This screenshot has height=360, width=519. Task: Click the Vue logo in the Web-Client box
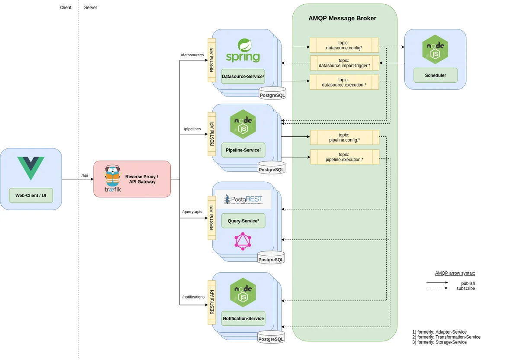[x=31, y=168]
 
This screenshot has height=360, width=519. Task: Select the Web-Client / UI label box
[x=31, y=196]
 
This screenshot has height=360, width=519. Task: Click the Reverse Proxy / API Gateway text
[x=141, y=179]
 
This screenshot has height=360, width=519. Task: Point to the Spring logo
[x=243, y=51]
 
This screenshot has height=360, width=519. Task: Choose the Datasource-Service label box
[x=243, y=77]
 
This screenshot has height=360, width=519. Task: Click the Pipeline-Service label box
[x=243, y=150]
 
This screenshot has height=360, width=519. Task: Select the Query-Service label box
[x=243, y=221]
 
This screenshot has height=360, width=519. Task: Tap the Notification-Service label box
[x=243, y=318]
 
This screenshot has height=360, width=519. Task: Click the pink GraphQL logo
[x=243, y=241]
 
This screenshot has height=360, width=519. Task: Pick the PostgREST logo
[x=243, y=199]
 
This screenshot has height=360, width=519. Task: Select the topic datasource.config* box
[x=344, y=45]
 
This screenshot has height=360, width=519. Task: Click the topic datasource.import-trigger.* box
[x=344, y=63]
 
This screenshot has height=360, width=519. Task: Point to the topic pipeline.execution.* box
[x=344, y=157]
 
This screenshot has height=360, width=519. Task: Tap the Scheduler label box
[x=435, y=75]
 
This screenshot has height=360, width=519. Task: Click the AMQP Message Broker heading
[x=342, y=19]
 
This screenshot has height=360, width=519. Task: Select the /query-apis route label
[x=192, y=212]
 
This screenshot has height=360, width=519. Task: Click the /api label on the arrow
[x=84, y=175]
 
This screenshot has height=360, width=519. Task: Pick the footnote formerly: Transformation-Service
[x=446, y=337]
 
